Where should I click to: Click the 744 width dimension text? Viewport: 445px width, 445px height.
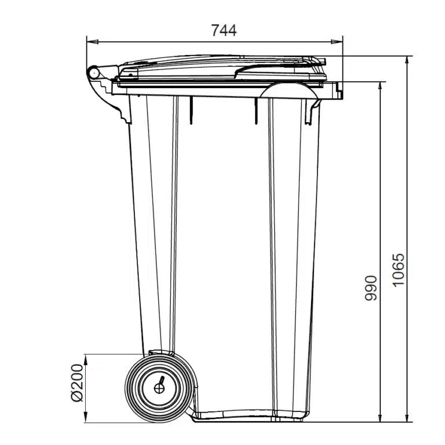click(224, 30)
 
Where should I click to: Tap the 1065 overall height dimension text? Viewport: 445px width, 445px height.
click(398, 271)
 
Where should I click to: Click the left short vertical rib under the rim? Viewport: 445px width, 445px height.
click(191, 110)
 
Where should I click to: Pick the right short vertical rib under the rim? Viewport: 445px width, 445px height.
click(254, 110)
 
